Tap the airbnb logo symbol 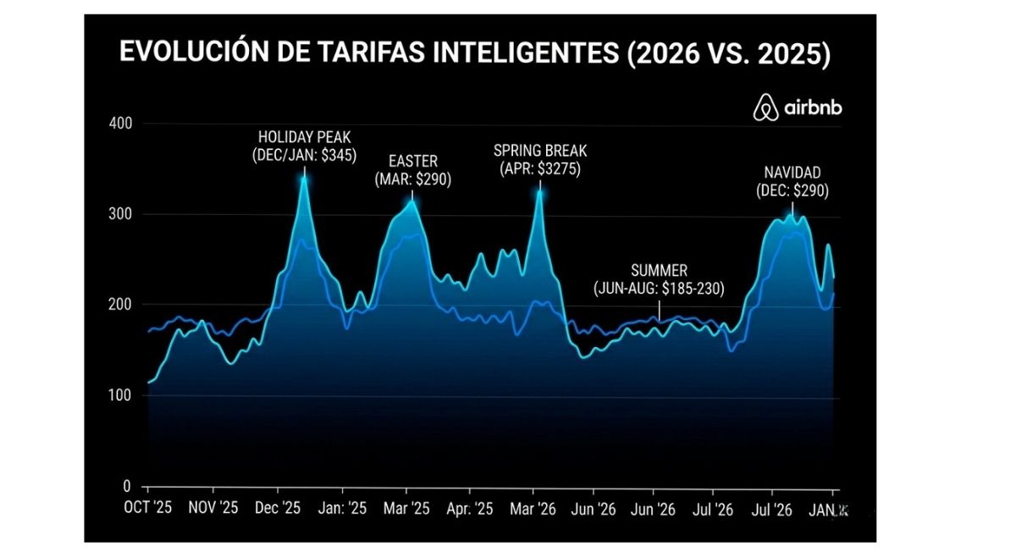coord(765,108)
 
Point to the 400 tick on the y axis coord(121,124)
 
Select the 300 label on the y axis coord(121,214)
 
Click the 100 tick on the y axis coord(121,396)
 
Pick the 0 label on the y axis coord(127,487)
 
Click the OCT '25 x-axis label coord(149,510)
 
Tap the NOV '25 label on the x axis coord(213,510)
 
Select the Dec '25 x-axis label coord(277,510)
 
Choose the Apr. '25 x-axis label coord(469,510)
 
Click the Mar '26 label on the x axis coord(533,510)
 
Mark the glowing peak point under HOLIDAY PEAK coord(304,178)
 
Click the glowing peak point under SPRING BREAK coord(539,192)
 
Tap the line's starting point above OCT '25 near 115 coord(149,383)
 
